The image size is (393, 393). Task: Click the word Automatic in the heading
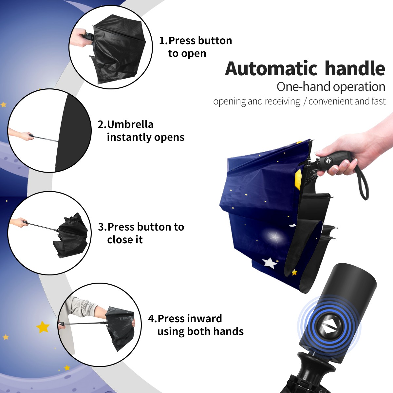(271, 68)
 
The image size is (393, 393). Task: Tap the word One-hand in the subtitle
(304, 87)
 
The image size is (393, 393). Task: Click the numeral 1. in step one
(163, 41)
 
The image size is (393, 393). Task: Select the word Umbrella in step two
(130, 124)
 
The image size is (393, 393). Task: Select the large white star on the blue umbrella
(270, 263)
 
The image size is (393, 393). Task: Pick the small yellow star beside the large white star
(294, 272)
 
